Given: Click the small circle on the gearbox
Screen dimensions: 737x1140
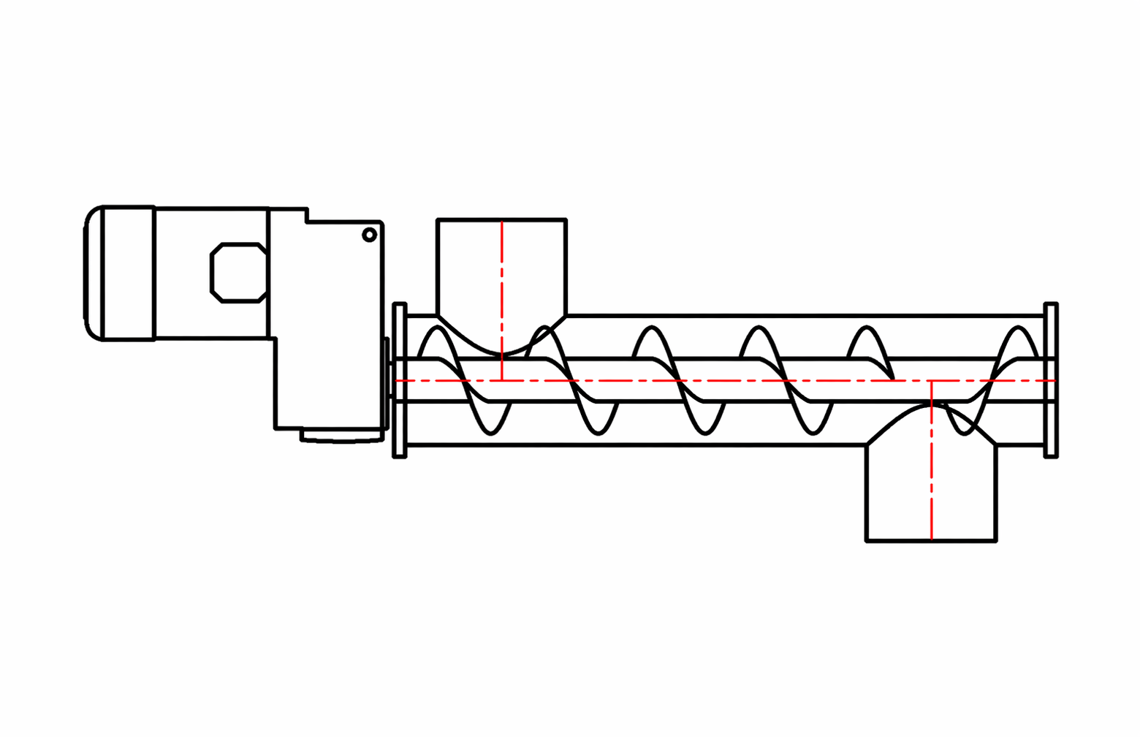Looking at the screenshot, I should pyautogui.click(x=370, y=235).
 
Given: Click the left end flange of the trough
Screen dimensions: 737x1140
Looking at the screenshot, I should pyautogui.click(x=400, y=380).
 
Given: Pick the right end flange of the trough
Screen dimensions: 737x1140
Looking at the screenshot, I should pyautogui.click(x=1051, y=380).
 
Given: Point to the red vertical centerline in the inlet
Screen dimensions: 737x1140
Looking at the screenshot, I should pyautogui.click(x=502, y=292).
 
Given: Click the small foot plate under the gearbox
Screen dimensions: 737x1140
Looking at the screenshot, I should pyautogui.click(x=341, y=436).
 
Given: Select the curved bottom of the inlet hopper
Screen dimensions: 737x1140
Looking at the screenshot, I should pyautogui.click(x=501, y=353).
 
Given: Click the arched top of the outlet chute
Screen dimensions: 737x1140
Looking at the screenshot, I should pyautogui.click(x=931, y=407).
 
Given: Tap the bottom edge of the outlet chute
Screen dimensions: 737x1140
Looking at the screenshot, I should pyautogui.click(x=931, y=541).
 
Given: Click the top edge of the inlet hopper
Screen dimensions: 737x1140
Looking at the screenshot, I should pyautogui.click(x=501, y=219).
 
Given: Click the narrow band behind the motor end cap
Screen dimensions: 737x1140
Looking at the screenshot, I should pyautogui.click(x=129, y=273).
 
